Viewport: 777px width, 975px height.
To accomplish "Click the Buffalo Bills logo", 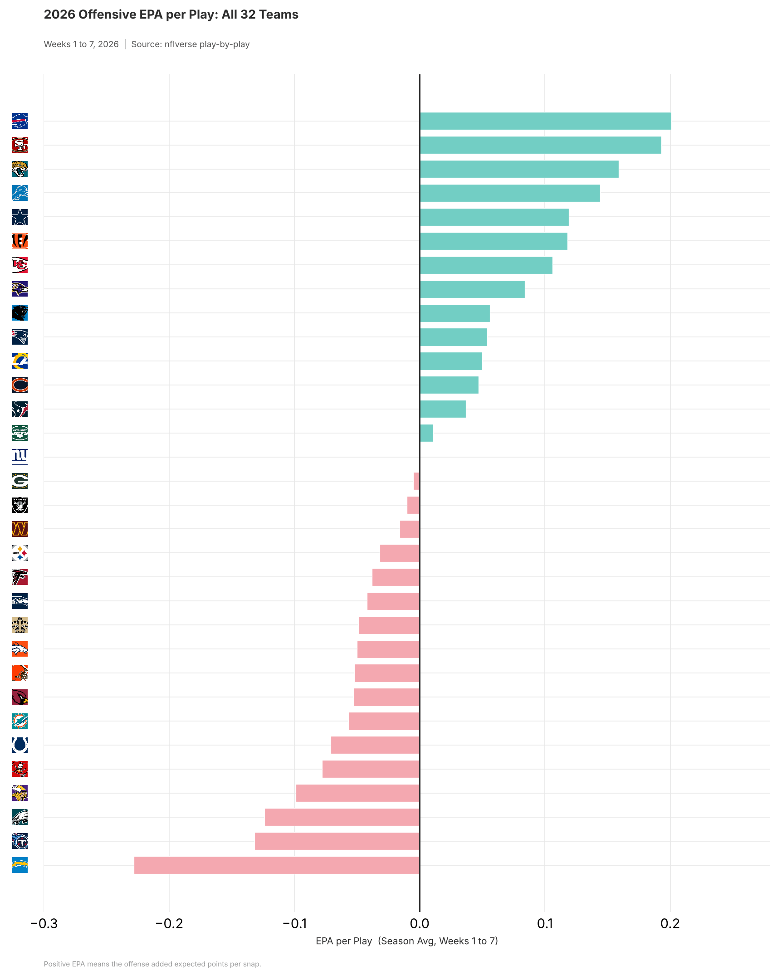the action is [20, 121].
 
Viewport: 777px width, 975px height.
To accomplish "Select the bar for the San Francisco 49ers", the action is [540, 145].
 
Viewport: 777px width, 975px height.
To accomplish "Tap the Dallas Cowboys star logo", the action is [20, 217].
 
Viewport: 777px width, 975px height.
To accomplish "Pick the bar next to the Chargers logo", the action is [277, 865].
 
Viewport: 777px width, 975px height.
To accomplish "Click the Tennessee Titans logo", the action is [20, 841].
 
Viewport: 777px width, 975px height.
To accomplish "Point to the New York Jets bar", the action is [426, 433].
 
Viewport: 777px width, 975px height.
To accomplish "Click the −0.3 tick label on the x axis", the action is [44, 923].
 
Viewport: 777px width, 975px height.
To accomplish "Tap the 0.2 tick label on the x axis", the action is [670, 923].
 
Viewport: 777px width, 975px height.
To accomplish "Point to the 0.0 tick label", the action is [420, 923].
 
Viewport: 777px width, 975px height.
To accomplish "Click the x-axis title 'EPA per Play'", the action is [344, 941].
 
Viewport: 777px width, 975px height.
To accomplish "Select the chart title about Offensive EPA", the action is [171, 15].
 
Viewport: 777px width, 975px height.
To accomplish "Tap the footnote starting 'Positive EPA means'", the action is [152, 964].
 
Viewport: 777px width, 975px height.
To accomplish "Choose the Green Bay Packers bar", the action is [416, 481].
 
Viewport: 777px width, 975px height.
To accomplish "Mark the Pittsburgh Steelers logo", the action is [20, 553].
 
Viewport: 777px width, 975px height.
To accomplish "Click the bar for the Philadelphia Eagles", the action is [342, 817].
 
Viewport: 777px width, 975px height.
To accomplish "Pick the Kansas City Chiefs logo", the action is [20, 265].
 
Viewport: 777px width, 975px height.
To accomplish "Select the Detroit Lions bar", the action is [510, 193].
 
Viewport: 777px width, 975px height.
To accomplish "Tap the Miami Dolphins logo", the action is [20, 721].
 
